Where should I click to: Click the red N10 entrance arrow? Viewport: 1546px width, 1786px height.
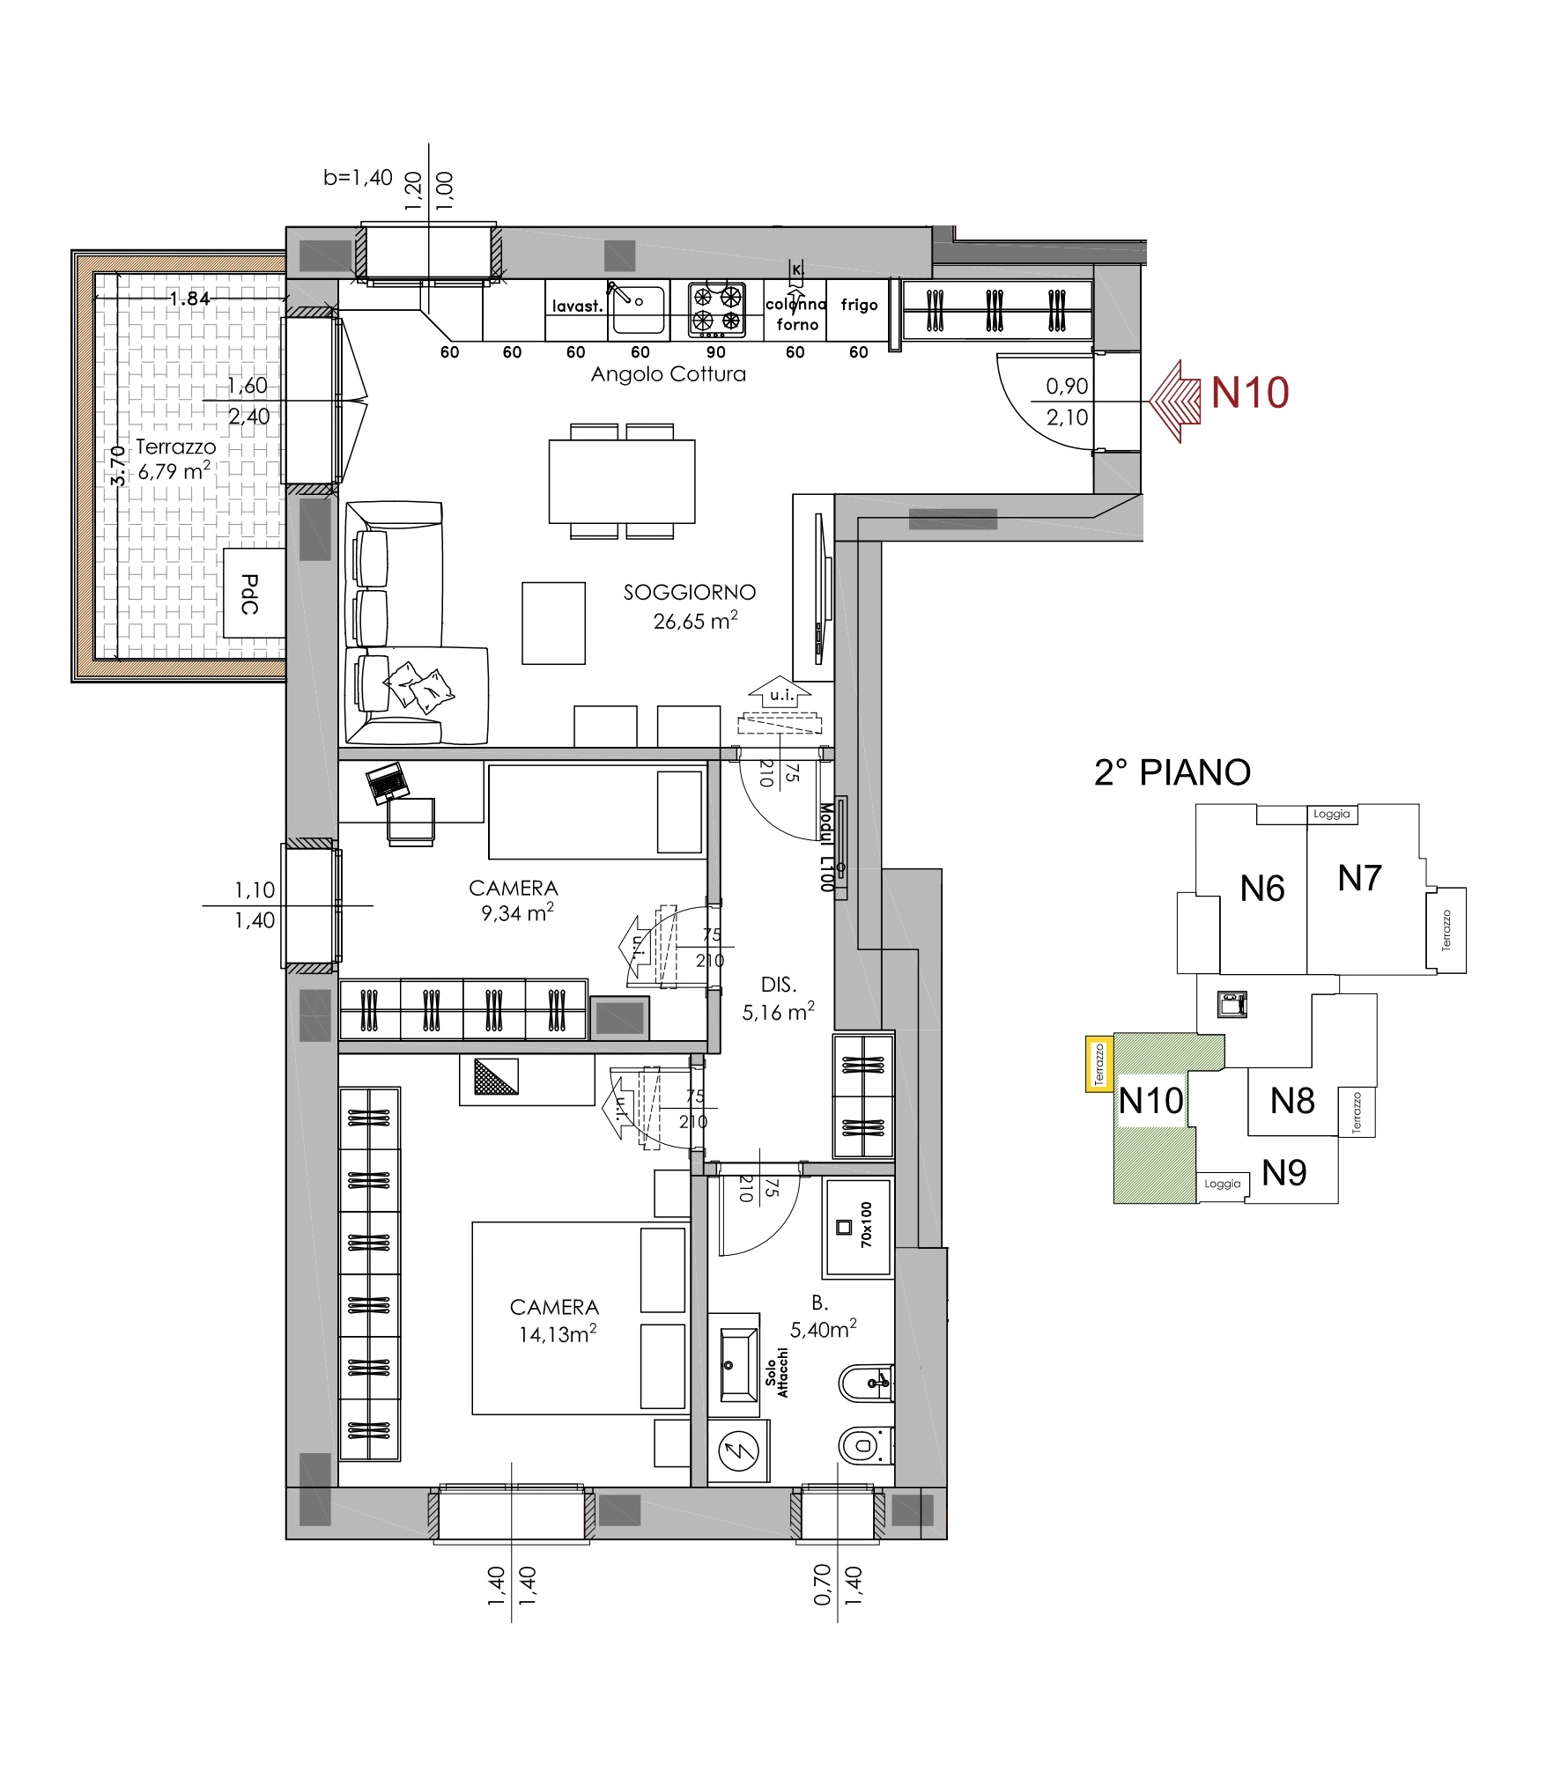tap(1175, 402)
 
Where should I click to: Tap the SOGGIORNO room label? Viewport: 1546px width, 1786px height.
tap(690, 592)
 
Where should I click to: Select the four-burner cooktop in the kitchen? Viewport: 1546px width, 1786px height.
tap(716, 310)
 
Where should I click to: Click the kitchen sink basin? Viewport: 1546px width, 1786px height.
tap(639, 309)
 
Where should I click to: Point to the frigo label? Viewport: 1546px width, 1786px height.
tap(859, 305)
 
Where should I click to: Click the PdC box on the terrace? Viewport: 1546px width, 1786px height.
tap(254, 594)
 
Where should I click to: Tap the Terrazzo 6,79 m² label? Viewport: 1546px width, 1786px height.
tap(174, 459)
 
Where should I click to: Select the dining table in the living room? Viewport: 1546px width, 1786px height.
tap(622, 481)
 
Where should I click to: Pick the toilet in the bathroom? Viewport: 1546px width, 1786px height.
tap(866, 1445)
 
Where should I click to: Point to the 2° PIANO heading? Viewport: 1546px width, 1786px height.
tap(1172, 772)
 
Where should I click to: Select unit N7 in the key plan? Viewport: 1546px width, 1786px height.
tap(1359, 878)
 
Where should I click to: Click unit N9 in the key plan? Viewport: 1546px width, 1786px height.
tap(1283, 1172)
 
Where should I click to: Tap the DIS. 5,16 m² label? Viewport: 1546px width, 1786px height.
tap(778, 999)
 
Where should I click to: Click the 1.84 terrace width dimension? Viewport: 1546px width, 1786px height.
tap(190, 299)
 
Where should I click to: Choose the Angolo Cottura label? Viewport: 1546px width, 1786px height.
tap(668, 374)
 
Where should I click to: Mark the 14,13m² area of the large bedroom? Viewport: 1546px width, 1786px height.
tap(558, 1334)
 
